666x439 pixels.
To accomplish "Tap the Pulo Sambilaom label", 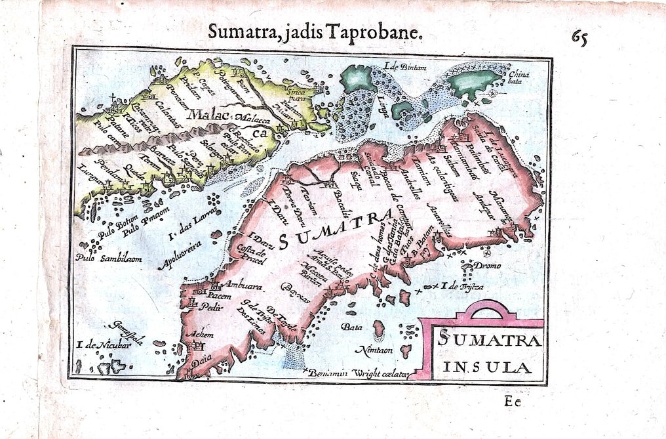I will pos(109,259).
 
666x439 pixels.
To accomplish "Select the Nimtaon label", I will pos(374,350).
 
